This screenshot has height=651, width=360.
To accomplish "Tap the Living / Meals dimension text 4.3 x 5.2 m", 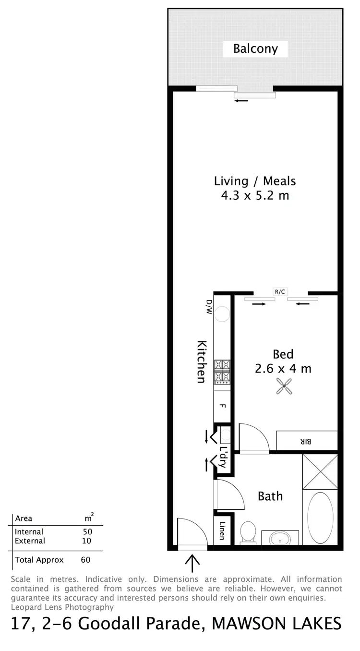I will tap(254, 196).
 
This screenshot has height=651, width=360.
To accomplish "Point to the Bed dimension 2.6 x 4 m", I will tap(283, 369).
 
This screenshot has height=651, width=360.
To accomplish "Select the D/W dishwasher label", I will tap(209, 306).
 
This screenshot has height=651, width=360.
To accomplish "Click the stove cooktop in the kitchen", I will tap(222, 372).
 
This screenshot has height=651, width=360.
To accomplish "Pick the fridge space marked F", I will tap(222, 406).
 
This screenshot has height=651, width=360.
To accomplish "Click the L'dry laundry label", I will tap(222, 457).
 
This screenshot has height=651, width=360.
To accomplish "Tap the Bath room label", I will tap(270, 496).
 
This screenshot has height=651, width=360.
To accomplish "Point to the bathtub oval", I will tap(320, 518).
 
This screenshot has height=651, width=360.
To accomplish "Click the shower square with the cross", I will tap(320, 471).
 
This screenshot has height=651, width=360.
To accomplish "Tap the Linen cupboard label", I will tap(222, 530).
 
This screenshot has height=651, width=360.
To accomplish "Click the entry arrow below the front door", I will tap(192, 563).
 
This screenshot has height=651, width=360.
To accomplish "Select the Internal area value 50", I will tap(86, 531).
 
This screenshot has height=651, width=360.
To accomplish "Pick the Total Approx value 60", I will tap(85, 559).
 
